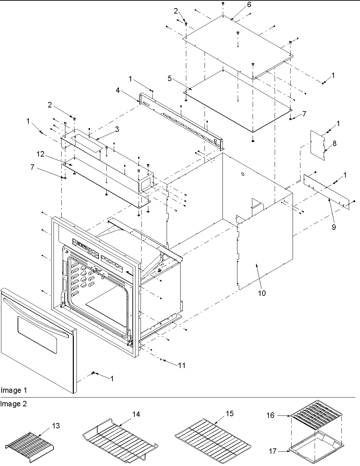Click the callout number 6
click(249, 5)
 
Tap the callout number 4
click(118, 90)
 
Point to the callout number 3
click(117, 129)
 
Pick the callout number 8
click(334, 143)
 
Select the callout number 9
click(334, 227)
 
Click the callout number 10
click(262, 293)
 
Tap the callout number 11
click(182, 365)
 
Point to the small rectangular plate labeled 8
click(318, 146)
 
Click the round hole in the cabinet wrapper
click(242, 174)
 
